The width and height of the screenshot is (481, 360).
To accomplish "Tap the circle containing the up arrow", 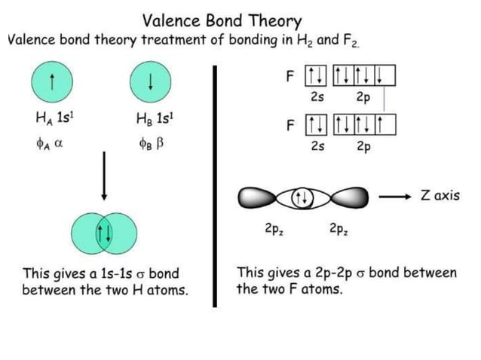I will click(x=51, y=81).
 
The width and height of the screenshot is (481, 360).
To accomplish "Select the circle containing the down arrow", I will click(x=151, y=81).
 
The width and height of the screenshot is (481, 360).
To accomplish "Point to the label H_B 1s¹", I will click(x=151, y=120).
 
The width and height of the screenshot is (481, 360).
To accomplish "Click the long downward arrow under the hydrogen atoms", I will click(x=103, y=176).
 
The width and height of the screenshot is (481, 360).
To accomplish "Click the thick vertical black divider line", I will click(x=216, y=185).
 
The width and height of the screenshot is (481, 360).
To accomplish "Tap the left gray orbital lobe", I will click(x=260, y=198).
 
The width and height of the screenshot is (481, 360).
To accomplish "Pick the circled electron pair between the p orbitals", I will click(x=302, y=198).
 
